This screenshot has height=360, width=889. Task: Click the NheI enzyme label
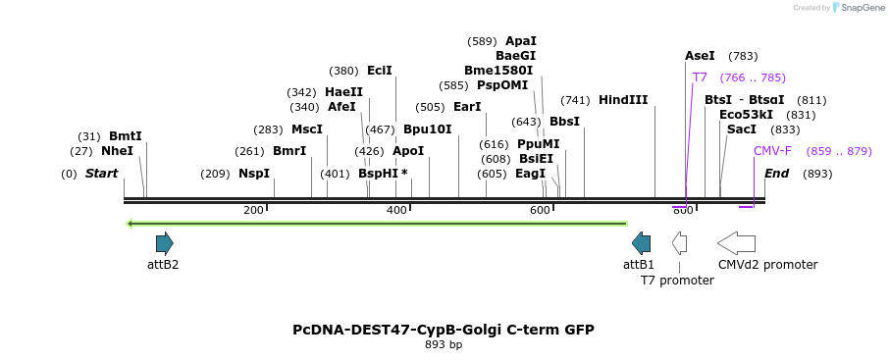(x=117, y=151)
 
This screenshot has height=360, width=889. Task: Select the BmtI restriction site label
(x=125, y=136)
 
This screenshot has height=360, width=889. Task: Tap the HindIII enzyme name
(x=623, y=100)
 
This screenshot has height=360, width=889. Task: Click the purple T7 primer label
(x=700, y=77)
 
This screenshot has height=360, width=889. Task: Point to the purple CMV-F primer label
(x=772, y=151)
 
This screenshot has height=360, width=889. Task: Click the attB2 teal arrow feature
(x=164, y=243)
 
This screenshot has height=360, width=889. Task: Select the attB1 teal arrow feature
(x=641, y=243)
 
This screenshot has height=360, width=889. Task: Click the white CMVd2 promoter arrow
(x=736, y=243)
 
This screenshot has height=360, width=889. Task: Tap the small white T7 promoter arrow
(x=679, y=243)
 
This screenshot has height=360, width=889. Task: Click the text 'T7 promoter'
(x=677, y=281)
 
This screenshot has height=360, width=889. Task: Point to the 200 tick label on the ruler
(x=253, y=211)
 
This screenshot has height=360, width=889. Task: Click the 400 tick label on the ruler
(x=396, y=211)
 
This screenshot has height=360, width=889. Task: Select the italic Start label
(x=101, y=174)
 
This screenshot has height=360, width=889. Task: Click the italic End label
(x=776, y=174)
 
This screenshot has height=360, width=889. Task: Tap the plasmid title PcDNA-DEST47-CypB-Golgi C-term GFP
(x=444, y=330)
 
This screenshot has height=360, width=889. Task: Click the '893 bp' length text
(x=444, y=345)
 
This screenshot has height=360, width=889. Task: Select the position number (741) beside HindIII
(x=575, y=100)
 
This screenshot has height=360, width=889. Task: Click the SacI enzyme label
(x=742, y=129)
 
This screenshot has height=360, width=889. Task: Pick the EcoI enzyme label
(x=379, y=71)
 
